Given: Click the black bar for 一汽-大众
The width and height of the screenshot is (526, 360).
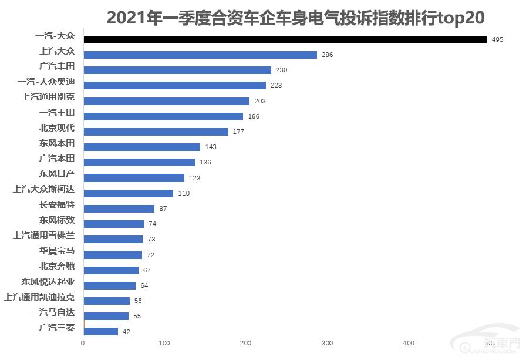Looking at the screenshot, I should point(285,39).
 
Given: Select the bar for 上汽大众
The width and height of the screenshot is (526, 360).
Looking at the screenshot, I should point(200,55).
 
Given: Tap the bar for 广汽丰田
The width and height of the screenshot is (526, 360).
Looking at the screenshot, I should point(177,70).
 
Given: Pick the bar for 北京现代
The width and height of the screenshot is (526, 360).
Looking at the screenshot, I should point(156,132).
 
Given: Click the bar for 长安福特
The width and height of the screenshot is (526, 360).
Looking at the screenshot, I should point(119,208).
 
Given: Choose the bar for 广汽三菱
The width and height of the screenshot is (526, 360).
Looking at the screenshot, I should point(101,331).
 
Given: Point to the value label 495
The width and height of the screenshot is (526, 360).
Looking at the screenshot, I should point(498,39).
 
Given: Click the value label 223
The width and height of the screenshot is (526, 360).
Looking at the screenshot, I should point(277,86).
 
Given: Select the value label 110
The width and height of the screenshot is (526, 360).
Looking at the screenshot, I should point(184,193).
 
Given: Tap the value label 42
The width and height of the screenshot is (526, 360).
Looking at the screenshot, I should point(126,332).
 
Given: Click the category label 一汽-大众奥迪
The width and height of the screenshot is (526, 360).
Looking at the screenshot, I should point(46,82).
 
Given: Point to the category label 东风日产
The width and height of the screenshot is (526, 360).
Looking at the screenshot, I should point(57,174).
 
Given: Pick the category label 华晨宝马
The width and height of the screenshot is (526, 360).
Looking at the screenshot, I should point(57,251).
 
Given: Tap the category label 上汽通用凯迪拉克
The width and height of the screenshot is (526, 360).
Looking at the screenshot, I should point(39,297).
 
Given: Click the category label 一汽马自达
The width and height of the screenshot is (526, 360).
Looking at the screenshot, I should point(52,312).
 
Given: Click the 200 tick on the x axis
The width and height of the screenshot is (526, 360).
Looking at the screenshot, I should point(246,343).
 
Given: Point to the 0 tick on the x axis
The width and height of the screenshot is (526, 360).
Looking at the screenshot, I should point(83,343).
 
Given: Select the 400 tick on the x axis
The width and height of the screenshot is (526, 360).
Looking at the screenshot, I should point(409,343).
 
